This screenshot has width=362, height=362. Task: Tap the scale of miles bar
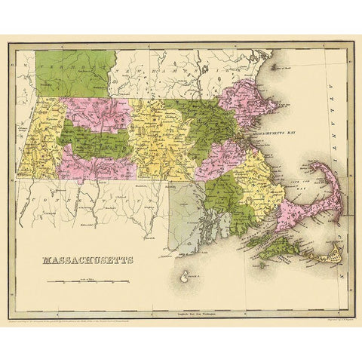tap(86, 281)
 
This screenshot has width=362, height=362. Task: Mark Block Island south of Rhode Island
tap(183, 281)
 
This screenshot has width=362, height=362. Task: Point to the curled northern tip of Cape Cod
tap(318, 167)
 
